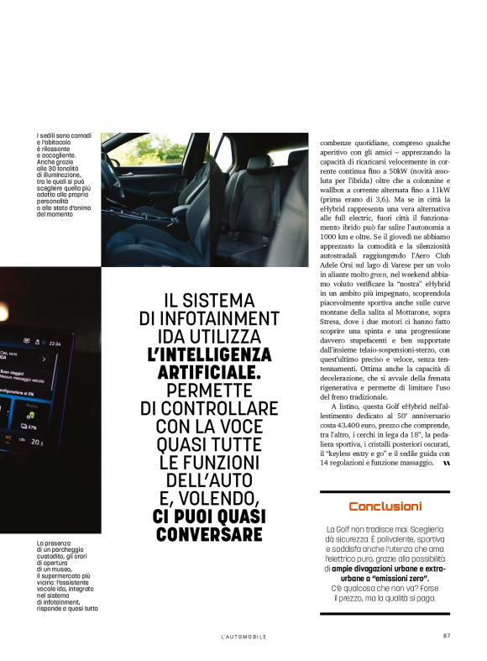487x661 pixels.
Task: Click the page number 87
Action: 447,636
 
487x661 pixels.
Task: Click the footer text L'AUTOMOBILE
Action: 243,637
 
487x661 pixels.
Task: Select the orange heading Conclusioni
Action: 385,506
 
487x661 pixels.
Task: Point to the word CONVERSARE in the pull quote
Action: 209,534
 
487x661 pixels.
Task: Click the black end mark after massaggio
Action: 446,463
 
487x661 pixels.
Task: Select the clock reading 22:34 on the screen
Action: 55,344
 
